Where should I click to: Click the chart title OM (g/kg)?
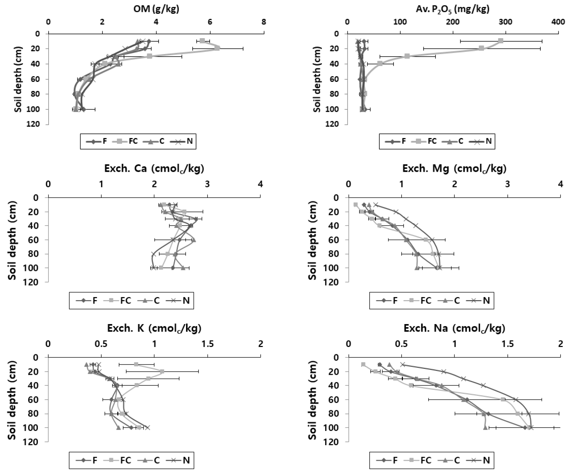click(156, 9)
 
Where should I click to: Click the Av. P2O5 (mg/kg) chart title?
click(453, 9)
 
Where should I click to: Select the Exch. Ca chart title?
click(154, 169)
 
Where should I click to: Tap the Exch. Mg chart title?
click(454, 169)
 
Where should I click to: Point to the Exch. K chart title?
click(154, 328)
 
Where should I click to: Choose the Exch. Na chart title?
click(454, 328)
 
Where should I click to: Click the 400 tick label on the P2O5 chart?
click(558, 22)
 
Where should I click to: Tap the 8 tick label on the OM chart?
click(264, 22)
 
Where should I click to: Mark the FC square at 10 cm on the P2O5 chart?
click(500, 41)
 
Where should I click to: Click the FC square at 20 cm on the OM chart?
click(217, 48)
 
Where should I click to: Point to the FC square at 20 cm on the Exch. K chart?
click(162, 371)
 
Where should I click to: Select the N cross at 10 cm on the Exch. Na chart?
click(403, 364)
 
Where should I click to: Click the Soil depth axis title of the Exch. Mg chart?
click(313, 240)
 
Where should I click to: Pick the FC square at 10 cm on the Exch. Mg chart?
click(355, 205)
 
